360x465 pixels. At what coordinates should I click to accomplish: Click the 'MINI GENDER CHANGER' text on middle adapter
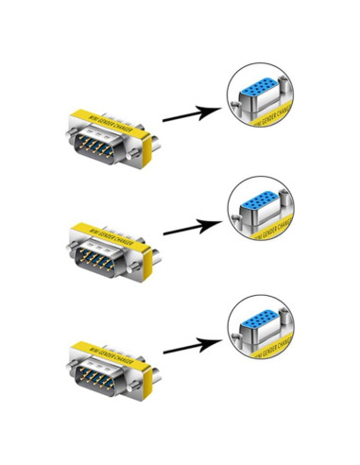click(x=108, y=231)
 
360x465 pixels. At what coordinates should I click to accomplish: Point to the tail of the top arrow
click(x=165, y=120)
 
